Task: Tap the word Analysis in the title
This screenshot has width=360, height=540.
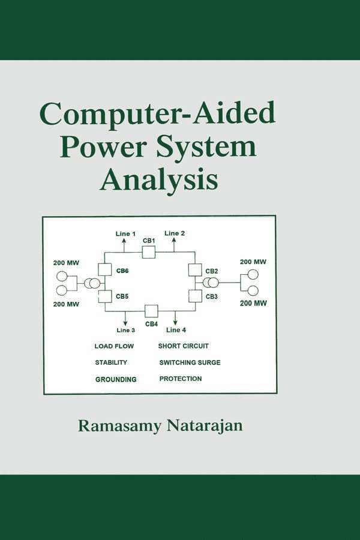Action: click(158, 179)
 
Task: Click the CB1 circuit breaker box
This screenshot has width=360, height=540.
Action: click(149, 252)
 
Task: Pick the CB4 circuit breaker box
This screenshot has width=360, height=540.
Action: click(151, 311)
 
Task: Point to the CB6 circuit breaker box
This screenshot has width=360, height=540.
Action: click(105, 269)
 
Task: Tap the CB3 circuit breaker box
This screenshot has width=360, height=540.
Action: click(194, 296)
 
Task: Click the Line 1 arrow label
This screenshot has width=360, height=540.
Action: click(126, 233)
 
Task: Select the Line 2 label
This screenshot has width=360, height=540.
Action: click(175, 233)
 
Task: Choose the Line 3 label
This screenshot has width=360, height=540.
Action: click(125, 330)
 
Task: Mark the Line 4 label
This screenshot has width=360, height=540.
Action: click(176, 330)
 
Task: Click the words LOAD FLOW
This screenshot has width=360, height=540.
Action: click(114, 346)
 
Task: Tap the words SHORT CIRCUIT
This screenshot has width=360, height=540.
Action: click(184, 346)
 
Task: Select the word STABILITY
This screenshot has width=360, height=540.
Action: click(111, 362)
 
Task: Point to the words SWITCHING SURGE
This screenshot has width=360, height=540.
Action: click(190, 362)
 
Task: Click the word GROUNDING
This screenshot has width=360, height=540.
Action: click(116, 379)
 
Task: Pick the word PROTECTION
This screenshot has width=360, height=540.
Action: click(181, 379)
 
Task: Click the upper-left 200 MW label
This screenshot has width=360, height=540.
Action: click(66, 263)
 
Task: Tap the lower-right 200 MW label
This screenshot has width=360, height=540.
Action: click(253, 304)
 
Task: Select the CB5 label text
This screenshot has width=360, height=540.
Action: click(122, 296)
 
